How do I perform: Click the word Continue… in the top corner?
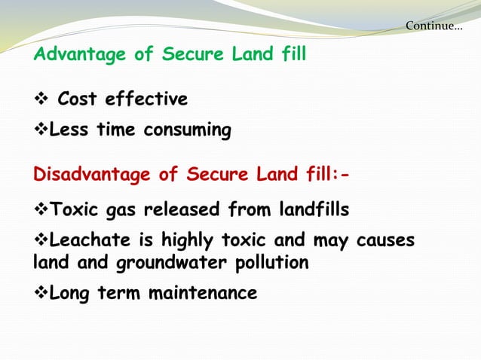434,26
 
